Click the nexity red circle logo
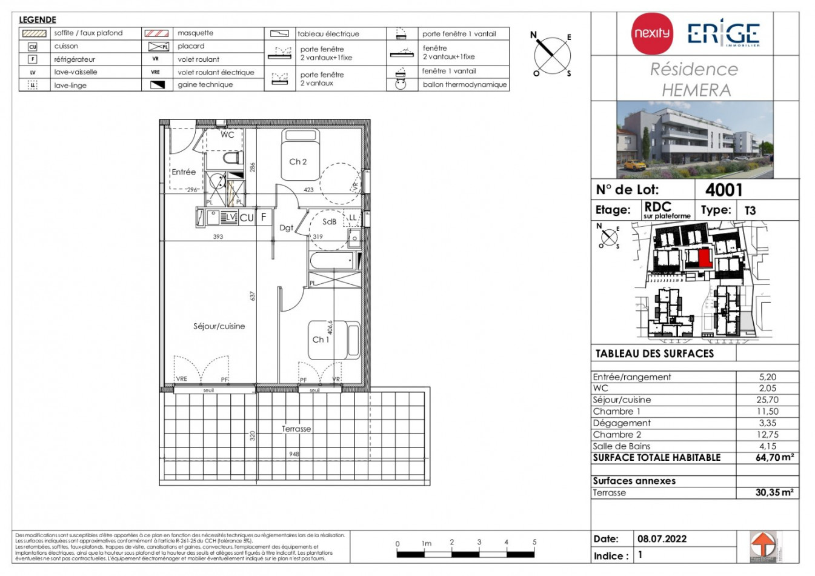tap(652, 33)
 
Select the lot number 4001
tap(724, 190)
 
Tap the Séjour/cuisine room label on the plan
tap(219, 326)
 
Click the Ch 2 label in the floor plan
tap(298, 162)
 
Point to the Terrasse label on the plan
tap(296, 429)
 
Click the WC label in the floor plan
tap(227, 135)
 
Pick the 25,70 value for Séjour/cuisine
tap(767, 400)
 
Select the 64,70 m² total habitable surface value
tap(774, 458)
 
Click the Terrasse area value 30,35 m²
tap(774, 492)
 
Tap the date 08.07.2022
tap(662, 538)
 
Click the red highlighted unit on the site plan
tap(704, 258)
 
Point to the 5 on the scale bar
tap(534, 542)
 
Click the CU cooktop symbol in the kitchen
tap(247, 218)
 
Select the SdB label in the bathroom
tap(329, 222)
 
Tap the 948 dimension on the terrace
tap(294, 454)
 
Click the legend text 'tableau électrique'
tap(328, 34)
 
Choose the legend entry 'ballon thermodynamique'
tap(464, 84)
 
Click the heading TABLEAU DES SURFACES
tap(654, 353)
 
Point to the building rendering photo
tap(694, 139)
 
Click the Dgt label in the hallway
tap(286, 228)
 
